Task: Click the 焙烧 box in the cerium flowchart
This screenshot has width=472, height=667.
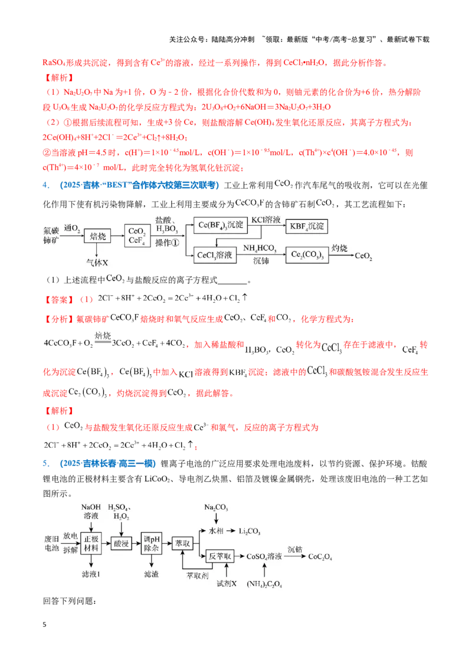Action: tap(97, 236)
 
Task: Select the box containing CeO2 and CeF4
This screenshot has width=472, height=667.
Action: tap(137, 236)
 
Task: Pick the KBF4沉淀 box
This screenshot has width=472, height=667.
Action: tap(307, 226)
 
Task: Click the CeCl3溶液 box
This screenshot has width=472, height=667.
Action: tap(215, 255)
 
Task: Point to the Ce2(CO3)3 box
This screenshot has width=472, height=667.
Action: tap(307, 255)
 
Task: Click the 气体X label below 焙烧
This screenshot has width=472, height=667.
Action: tap(97, 263)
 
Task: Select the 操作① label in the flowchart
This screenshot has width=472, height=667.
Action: tap(167, 243)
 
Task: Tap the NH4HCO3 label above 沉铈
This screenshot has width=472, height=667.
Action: tap(260, 249)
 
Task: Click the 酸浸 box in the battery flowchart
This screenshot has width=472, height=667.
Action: tap(122, 543)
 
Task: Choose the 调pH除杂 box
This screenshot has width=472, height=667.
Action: tap(152, 544)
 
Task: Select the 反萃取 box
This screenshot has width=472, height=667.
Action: tap(220, 556)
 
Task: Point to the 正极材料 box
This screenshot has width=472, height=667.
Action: tap(91, 544)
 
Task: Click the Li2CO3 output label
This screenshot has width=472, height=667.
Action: tap(250, 531)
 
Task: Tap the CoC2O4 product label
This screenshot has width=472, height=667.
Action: tap(320, 557)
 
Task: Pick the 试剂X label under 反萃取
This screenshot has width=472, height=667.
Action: tap(226, 583)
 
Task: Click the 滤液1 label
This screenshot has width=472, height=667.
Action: tap(91, 574)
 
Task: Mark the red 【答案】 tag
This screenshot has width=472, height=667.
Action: tap(59, 300)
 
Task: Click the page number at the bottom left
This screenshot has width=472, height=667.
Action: tap(44, 625)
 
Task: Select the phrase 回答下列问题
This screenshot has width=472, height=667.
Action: tap(70, 601)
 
